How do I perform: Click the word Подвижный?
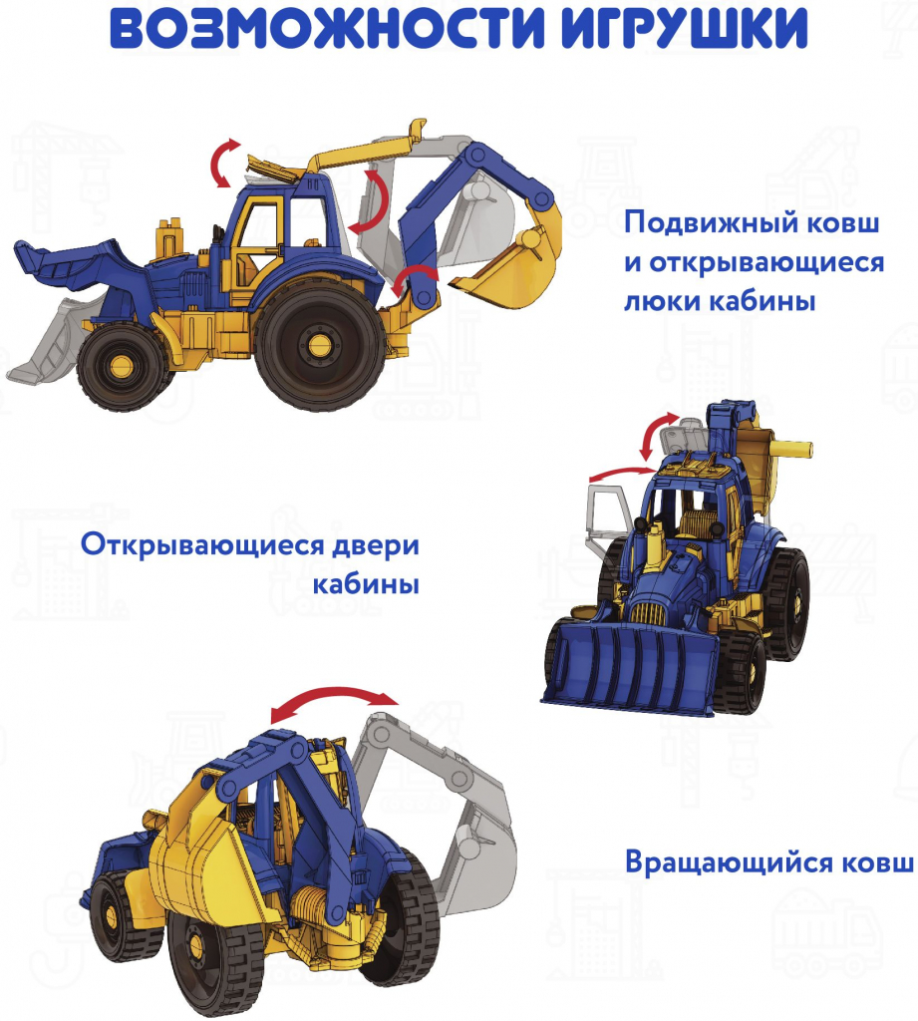pos(711,223)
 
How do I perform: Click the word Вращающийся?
pos(729,862)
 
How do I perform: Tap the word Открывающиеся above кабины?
pos(201,544)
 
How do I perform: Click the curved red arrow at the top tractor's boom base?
pos(412,277)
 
